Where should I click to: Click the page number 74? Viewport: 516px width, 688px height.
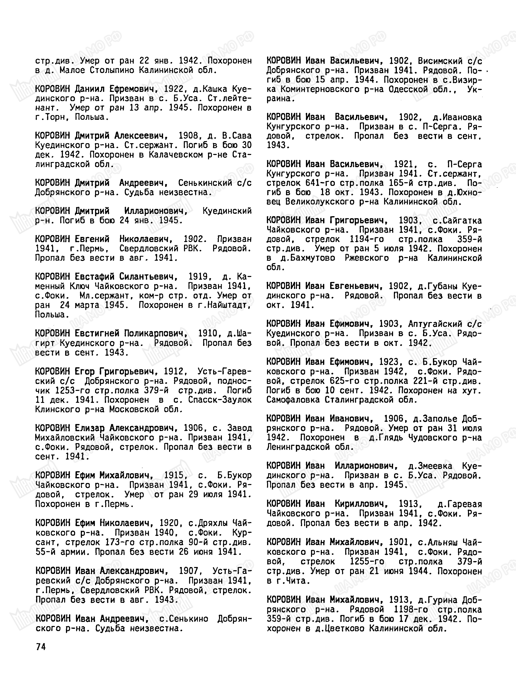coord(41,647)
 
